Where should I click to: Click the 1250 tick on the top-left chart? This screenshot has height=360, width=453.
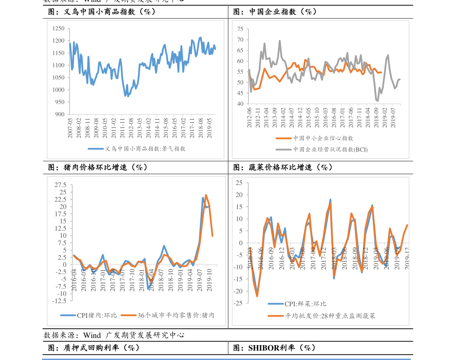[59, 29]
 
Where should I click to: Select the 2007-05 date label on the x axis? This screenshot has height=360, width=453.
[70, 128]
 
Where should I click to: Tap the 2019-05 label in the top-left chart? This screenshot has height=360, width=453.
[208, 128]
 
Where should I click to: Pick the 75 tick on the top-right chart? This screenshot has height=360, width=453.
[240, 29]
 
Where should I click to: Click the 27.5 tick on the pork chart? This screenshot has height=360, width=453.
[60, 185]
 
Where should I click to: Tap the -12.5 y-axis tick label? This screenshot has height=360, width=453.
[59, 301]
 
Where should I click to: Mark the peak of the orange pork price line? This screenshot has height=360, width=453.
[206, 195]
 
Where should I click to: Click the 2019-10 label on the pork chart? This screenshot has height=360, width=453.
[209, 281]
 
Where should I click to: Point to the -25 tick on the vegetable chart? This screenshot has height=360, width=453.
[238, 303]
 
